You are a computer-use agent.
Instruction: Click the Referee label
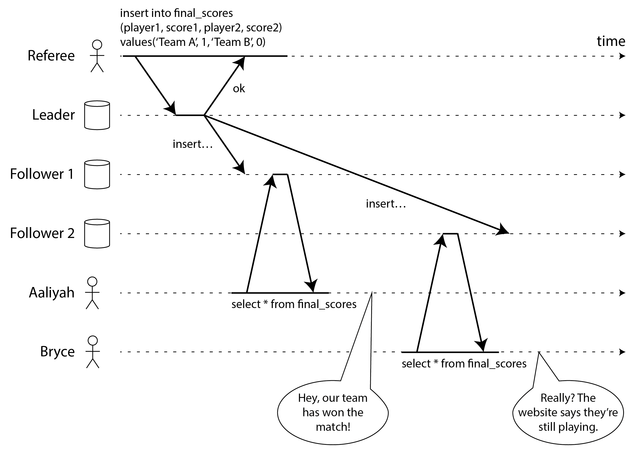[x=51, y=56]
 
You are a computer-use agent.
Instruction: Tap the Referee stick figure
[x=97, y=56]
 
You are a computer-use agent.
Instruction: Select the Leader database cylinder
[x=97, y=115]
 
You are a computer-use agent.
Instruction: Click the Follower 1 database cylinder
[x=97, y=174]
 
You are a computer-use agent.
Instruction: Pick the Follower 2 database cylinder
[x=97, y=234]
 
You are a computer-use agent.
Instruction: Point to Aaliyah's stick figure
[x=92, y=293]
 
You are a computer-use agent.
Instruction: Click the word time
[x=611, y=41]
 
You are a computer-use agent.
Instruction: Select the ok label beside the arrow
[x=239, y=89]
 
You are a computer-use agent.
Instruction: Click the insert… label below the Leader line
[x=193, y=144]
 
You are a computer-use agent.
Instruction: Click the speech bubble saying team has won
[x=333, y=412]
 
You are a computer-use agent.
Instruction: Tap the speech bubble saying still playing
[x=568, y=412]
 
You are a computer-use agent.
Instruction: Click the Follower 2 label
[x=42, y=233]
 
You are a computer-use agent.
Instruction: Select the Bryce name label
[x=57, y=352]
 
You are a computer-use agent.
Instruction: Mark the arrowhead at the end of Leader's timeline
[x=622, y=115]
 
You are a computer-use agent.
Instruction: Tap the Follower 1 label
[x=42, y=174]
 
